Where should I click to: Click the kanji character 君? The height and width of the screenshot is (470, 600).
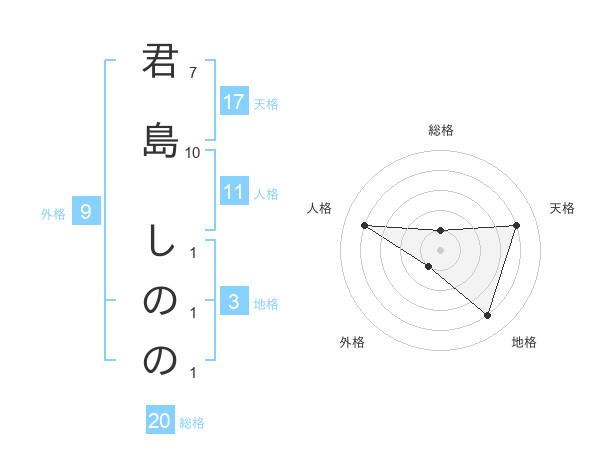[160, 61]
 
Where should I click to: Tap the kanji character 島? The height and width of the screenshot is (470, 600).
[160, 138]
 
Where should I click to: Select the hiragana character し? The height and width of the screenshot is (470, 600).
[160, 241]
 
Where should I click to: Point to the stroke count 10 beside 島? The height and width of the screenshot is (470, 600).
[192, 152]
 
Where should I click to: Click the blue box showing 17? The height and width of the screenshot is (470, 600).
[234, 102]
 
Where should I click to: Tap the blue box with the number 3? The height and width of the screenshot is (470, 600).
[234, 302]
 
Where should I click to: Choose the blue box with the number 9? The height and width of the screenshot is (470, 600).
[87, 212]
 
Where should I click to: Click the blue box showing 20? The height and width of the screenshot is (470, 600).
[160, 421]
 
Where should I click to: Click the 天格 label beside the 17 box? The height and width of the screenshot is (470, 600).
[266, 103]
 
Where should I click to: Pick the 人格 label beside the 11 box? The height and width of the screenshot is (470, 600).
[266, 193]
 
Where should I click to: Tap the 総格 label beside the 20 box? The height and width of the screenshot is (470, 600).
[192, 423]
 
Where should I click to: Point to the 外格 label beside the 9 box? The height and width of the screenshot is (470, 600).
[53, 213]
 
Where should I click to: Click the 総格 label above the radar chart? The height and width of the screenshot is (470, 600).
[440, 130]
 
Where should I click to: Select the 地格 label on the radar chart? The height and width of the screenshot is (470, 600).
[524, 342]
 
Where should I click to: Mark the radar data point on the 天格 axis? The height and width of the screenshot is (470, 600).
[516, 225]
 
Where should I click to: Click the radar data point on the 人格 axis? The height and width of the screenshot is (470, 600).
[364, 225]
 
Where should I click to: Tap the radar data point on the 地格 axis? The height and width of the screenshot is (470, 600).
[487, 315]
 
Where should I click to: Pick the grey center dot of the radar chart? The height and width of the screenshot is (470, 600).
[440, 250]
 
